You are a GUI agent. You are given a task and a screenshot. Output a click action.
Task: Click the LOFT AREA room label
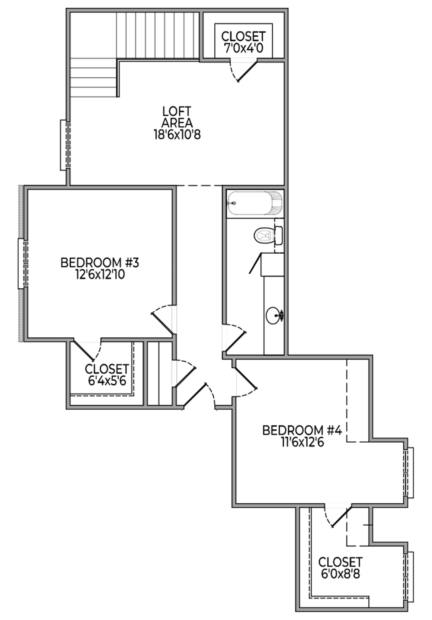pyautogui.click(x=177, y=117)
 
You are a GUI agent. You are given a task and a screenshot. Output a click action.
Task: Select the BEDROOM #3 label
pyautogui.click(x=100, y=263)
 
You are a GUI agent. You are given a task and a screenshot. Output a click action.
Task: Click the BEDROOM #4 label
pyautogui.click(x=302, y=430)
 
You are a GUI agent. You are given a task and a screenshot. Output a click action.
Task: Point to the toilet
pyautogui.click(x=268, y=236)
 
